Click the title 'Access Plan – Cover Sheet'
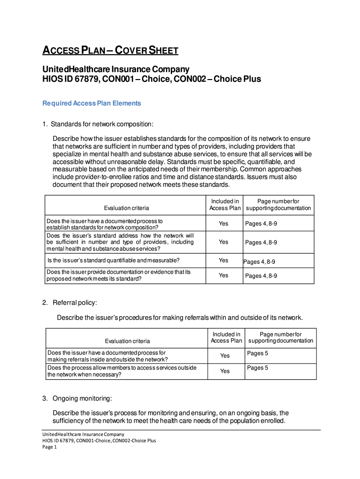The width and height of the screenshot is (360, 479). tap(110, 51)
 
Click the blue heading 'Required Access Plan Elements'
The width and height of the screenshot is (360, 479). tap(92, 103)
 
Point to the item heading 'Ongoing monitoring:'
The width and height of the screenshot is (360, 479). tap(82, 399)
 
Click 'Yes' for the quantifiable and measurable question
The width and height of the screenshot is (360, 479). tap(223, 261)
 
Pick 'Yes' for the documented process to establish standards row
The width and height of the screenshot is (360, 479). tap(223, 224)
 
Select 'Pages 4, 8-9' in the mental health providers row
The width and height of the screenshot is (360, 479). tap(261, 242)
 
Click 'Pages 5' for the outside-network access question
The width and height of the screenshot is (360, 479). tap(258, 368)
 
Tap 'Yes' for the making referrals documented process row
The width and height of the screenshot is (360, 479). tap(225, 356)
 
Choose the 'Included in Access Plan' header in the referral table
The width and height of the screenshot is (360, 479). tap(226, 337)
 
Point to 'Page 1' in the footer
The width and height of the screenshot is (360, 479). tap(49, 447)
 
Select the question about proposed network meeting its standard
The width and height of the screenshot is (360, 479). tap(119, 276)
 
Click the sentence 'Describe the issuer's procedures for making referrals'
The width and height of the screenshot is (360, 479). tap(180, 318)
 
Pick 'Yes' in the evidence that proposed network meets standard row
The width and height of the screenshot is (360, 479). tap(223, 276)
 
